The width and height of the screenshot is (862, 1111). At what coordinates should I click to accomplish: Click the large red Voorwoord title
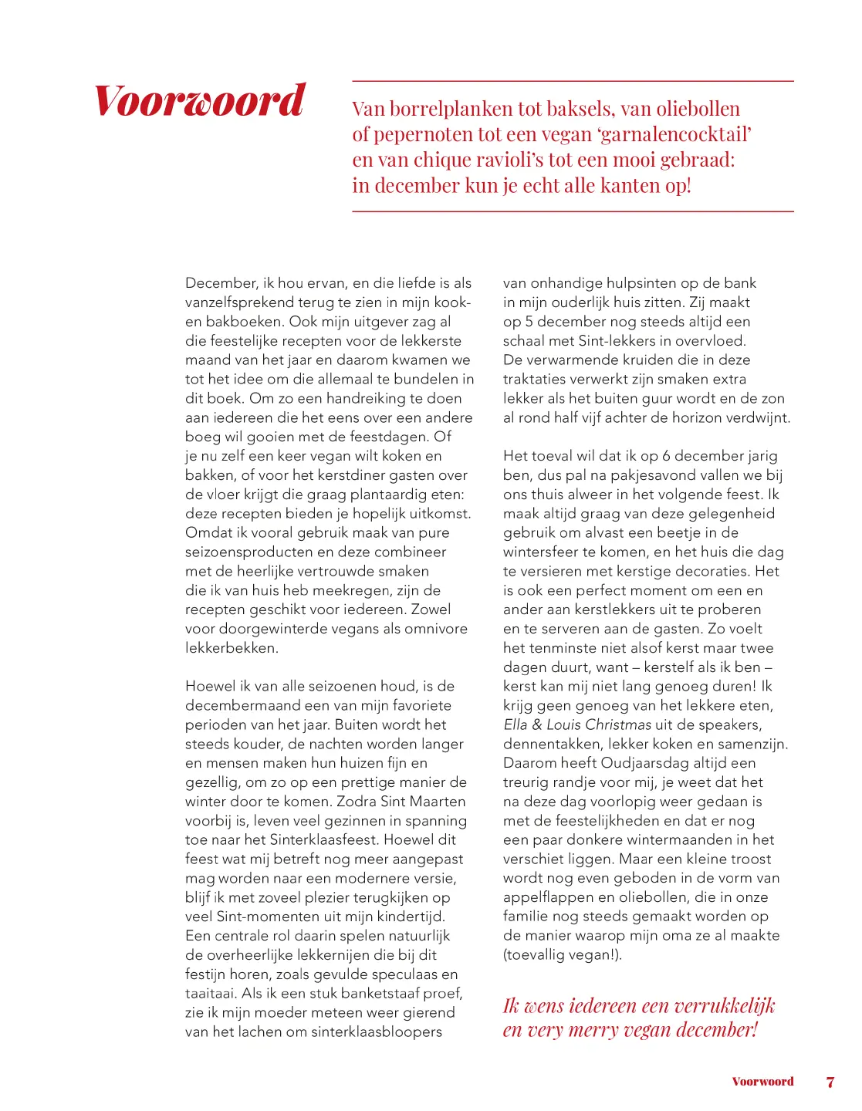200,101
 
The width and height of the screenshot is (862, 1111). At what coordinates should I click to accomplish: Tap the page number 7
830,1082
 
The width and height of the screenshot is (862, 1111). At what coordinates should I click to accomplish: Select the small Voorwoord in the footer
762,1082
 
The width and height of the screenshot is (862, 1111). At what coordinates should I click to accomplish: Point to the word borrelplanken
451,109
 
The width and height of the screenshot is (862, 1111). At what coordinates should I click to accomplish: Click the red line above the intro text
573,81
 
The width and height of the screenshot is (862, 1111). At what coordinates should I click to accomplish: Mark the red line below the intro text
573,211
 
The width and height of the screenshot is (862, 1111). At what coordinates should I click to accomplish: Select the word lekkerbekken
230,648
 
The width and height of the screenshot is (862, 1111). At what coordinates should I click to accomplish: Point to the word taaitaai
210,994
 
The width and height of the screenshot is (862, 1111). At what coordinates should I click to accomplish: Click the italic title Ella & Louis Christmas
577,725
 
